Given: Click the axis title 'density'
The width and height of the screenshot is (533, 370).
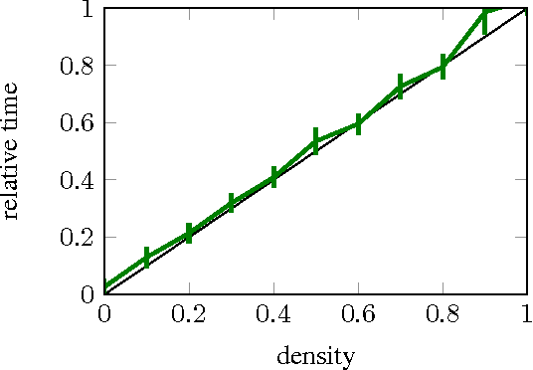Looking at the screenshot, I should point(315,354).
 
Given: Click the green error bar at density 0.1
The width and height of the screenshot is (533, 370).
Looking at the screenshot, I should point(146,257).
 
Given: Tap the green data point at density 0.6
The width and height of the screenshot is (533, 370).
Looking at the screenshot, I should point(358,124).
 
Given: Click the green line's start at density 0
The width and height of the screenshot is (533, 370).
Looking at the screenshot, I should point(105,287).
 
